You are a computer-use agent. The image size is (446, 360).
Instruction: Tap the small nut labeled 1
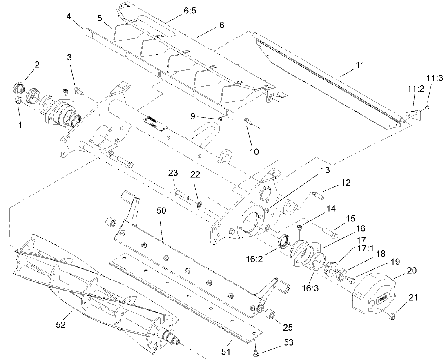18,101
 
